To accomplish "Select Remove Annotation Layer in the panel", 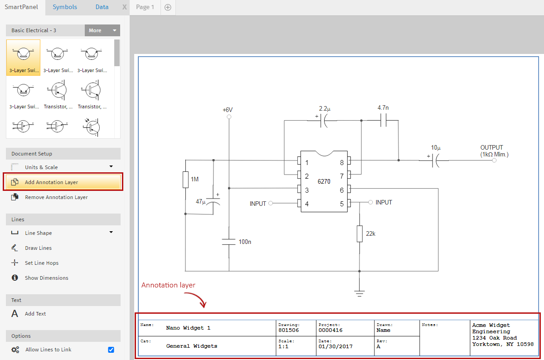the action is click(x=56, y=197).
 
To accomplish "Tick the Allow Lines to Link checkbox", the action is click(x=111, y=350).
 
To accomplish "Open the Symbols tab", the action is click(x=65, y=7).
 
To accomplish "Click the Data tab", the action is click(x=102, y=7).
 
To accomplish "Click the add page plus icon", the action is click(x=168, y=7).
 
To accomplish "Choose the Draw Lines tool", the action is click(x=38, y=248).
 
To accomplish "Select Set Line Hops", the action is click(x=42, y=263).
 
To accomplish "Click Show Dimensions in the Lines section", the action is click(x=46, y=277).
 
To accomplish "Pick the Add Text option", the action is click(x=35, y=314).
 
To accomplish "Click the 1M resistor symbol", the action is click(x=185, y=180).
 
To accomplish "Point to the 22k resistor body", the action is click(x=359, y=234).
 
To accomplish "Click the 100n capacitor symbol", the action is click(x=229, y=242).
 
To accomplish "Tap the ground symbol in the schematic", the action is click(x=359, y=293).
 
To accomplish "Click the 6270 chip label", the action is click(x=324, y=181).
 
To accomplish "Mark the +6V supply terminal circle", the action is click(x=229, y=117).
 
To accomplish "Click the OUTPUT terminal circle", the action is click(x=494, y=161).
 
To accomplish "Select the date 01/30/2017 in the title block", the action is click(x=335, y=347).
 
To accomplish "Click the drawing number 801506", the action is click(x=288, y=330).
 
